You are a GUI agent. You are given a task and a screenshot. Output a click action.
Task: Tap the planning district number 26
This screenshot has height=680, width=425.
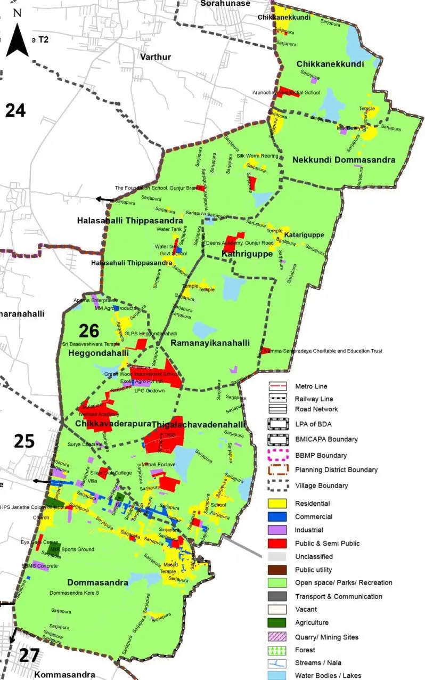click(89, 331)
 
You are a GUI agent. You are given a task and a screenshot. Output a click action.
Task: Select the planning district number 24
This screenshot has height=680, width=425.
click(15, 110)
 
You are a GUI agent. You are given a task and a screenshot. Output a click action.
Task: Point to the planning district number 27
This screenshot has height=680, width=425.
click(29, 655)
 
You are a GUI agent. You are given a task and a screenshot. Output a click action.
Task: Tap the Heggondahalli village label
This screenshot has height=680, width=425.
click(99, 353)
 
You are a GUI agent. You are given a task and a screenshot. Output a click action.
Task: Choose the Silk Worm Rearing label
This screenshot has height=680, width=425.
click(258, 156)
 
